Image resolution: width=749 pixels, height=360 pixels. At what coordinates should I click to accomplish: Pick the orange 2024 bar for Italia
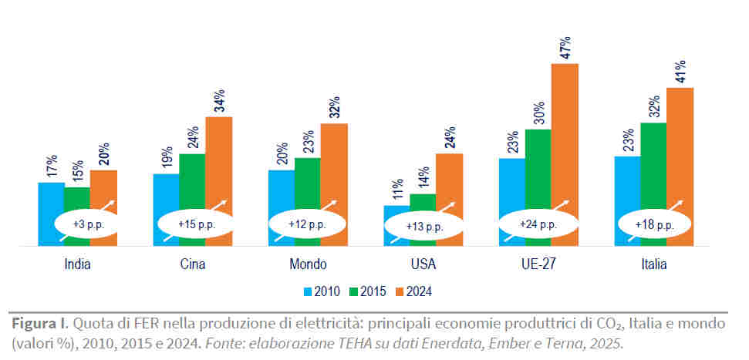pos(680,146)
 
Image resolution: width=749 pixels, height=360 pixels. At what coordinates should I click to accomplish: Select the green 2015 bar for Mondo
pos(308,185)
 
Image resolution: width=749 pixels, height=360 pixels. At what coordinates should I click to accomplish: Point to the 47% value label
pos(565,48)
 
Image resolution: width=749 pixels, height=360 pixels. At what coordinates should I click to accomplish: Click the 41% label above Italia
pos(680,72)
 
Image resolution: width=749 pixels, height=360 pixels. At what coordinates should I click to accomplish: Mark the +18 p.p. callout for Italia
pos(654,224)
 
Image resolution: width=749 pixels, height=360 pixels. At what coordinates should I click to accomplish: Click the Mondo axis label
pos(308,264)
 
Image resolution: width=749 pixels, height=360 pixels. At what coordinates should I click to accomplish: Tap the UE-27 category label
pos(538,264)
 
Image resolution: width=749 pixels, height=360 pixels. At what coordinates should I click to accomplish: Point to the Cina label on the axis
pos(192,264)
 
